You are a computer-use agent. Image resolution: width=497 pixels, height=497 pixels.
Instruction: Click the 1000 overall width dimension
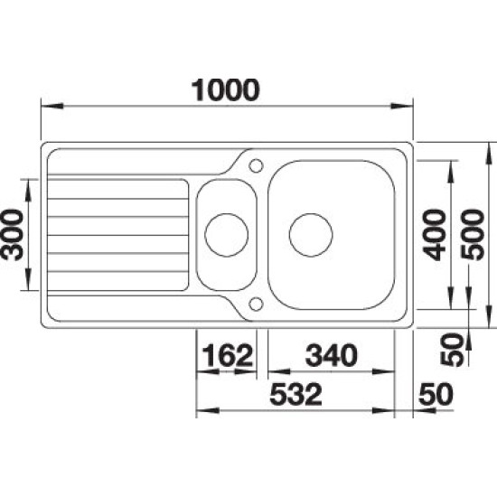coord(225,90)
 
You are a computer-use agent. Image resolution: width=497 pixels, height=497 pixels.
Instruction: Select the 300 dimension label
coord(13,235)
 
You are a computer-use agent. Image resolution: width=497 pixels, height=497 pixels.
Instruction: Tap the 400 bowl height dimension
coord(434,235)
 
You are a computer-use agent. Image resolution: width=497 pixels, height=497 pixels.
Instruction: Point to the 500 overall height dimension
coord(473,235)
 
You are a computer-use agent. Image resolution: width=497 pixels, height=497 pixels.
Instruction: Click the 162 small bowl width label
coord(228,355)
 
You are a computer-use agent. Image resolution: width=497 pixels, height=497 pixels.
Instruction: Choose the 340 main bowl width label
coord(332,355)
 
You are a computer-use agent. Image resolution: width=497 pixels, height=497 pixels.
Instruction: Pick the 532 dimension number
coord(295,394)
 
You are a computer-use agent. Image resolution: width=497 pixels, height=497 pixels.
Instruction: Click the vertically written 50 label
coord(453,350)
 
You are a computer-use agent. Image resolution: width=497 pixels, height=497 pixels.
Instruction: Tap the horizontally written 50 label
coord(436,394)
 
